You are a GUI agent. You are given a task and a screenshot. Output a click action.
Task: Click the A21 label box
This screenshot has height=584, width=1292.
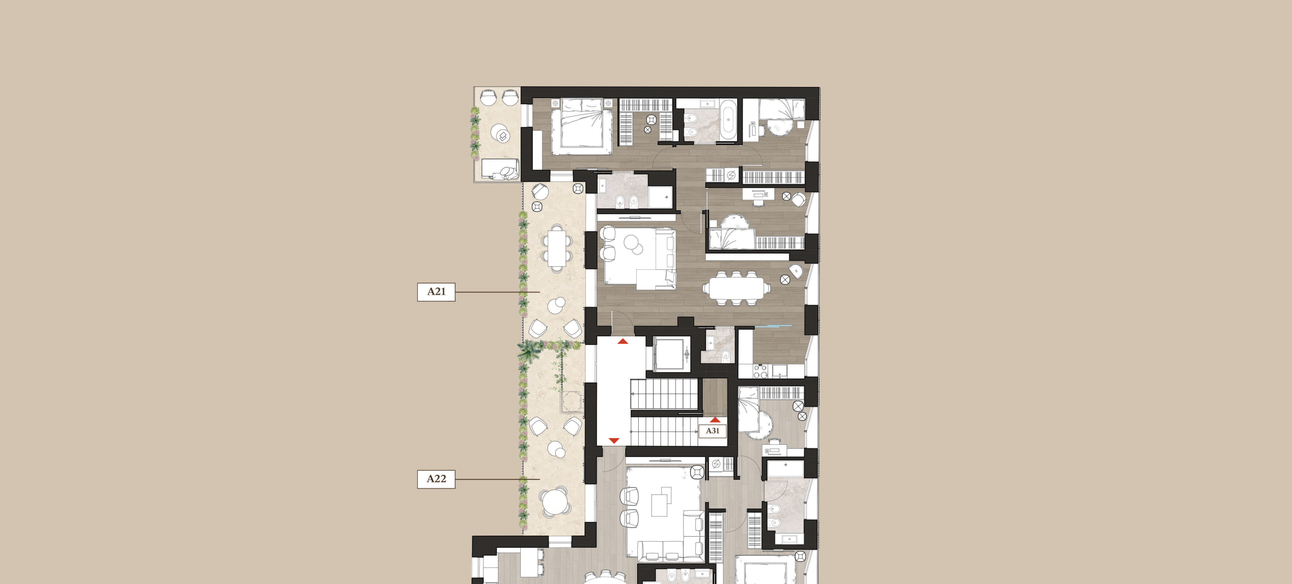point(436,292)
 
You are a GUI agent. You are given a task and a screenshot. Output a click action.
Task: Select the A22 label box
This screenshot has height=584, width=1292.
point(436,479)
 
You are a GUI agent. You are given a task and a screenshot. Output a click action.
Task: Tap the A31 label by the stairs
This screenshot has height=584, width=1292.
point(713,430)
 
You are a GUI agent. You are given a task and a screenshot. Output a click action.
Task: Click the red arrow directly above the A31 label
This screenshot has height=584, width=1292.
point(715,420)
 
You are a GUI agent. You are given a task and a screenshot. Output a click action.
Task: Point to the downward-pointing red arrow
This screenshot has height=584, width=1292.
point(614,441)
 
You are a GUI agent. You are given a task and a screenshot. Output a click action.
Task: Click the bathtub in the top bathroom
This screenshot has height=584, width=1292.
point(729,120)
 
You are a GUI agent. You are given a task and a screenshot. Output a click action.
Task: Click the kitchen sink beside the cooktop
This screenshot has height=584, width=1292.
point(779,371)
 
